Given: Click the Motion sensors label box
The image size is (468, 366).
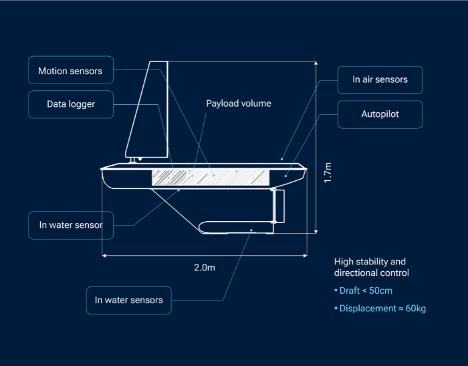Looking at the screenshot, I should point(70,71).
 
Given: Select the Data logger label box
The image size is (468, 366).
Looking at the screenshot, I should point(70,104).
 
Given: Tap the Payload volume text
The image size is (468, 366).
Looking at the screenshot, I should point(238,104).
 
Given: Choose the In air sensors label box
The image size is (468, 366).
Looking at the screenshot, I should point(380,80).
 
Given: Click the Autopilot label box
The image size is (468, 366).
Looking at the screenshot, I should point(380,114).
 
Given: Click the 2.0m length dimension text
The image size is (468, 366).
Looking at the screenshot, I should point(205,267).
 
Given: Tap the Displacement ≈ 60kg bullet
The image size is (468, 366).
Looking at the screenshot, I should point(379,309).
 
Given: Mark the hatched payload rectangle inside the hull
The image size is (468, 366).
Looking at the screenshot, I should point(210,178).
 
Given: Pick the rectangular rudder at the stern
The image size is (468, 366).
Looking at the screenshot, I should point(279,206).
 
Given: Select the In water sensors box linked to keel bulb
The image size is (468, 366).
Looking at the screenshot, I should point(128,301).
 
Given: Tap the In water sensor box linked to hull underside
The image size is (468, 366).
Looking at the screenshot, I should point(70,225).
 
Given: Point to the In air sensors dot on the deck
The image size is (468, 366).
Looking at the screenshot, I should point(282,160).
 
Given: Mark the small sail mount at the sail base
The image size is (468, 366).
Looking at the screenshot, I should point(136,160).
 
